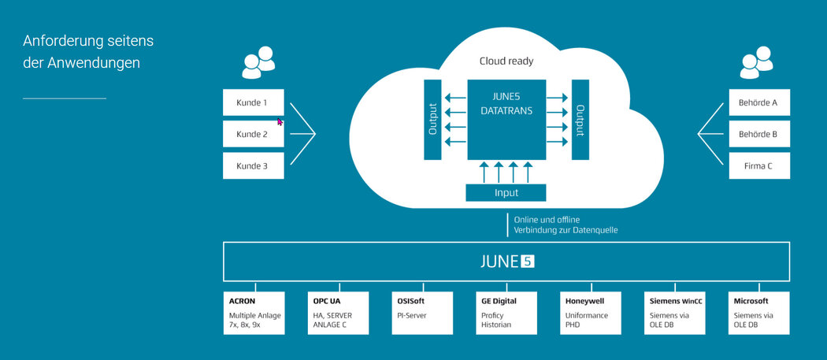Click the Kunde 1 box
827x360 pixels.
tap(253, 102)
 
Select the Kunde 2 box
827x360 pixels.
tap(253, 134)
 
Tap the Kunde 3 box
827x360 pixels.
tap(253, 165)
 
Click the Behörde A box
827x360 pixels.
tap(759, 102)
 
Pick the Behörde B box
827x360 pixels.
tap(759, 134)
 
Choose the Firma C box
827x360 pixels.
tap(759, 165)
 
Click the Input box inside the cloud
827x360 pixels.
tap(506, 193)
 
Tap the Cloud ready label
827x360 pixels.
tap(506, 61)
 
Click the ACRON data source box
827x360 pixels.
tap(254, 313)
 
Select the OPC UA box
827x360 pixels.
tap(338, 313)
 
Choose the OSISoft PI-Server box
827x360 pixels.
tap(422, 313)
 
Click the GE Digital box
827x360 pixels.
tap(506, 313)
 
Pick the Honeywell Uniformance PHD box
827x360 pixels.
tap(591, 313)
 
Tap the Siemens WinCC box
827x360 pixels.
tap(674, 313)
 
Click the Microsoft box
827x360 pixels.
tap(759, 313)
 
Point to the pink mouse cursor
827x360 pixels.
tap(280, 121)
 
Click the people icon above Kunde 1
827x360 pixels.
tap(258, 62)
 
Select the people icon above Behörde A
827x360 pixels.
tap(756, 62)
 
